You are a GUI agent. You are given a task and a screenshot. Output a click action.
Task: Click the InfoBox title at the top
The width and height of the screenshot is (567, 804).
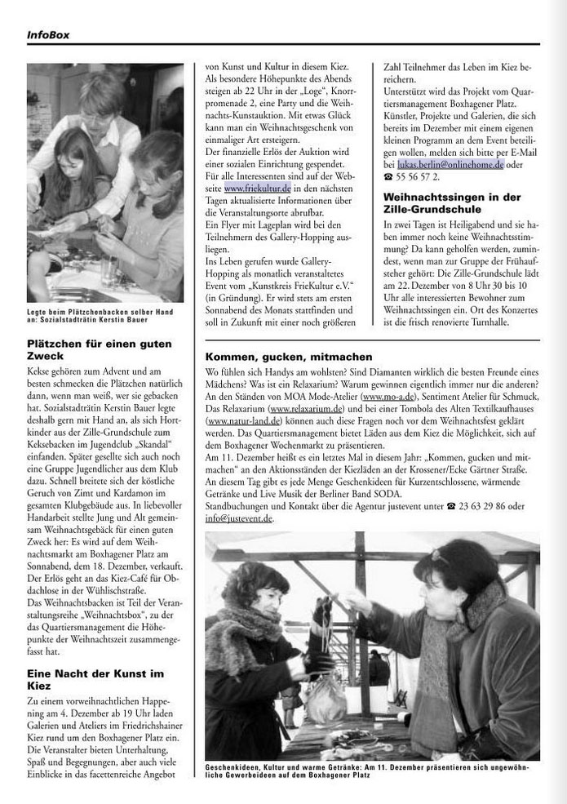[x=49, y=34]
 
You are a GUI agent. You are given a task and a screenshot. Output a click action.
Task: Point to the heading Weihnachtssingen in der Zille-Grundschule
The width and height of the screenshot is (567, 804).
[x=453, y=202]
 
